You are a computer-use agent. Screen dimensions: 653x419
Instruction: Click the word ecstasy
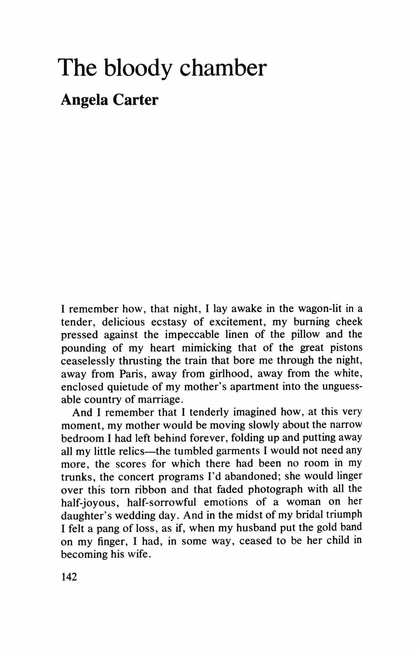click(x=169, y=322)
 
